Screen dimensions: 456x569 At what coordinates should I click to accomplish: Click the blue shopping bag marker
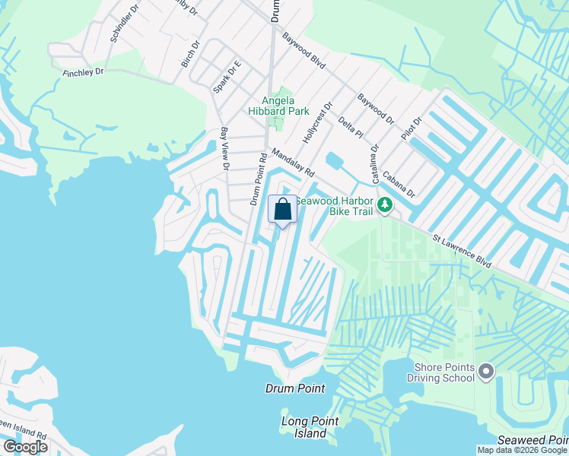282,210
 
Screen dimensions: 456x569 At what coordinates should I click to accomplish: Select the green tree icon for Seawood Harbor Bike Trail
385,204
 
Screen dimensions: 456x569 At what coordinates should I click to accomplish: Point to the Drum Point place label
295,388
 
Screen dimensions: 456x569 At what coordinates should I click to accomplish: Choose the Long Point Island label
304,427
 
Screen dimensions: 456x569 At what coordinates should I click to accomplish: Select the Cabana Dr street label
399,182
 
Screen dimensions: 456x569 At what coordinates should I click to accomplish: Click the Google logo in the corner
25,447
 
